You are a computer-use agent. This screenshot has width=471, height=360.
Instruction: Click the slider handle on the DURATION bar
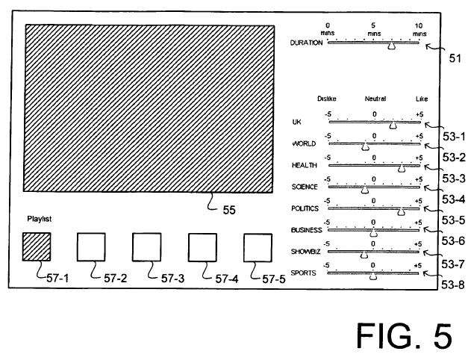tap(391, 46)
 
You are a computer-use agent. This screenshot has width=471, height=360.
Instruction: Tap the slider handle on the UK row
tap(393, 125)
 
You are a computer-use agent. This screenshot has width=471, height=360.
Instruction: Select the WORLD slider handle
tap(365, 146)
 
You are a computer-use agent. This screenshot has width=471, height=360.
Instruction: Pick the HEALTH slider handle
tap(402, 169)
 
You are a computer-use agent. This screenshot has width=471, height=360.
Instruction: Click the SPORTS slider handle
tap(373, 277)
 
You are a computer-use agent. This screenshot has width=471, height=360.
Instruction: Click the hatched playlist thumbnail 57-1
tap(37, 246)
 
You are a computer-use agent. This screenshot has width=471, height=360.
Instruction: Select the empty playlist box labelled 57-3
tap(146, 247)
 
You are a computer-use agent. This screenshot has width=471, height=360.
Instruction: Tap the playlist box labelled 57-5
tap(258, 248)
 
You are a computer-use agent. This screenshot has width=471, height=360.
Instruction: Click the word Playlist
tap(40, 219)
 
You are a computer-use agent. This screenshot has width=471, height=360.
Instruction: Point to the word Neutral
tap(375, 99)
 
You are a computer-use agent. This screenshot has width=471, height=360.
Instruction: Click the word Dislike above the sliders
tap(327, 99)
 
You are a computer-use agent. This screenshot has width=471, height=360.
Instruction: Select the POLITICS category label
tap(305, 208)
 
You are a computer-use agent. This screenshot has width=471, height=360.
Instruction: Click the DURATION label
tap(306, 43)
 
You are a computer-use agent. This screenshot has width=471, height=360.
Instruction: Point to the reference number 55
tap(229, 210)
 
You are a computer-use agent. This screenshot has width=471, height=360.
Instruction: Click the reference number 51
tap(455, 58)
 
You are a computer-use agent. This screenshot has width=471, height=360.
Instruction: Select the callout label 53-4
tap(454, 199)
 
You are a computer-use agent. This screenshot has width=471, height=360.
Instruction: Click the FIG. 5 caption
tap(405, 335)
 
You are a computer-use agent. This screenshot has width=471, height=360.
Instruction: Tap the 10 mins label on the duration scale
tap(419, 29)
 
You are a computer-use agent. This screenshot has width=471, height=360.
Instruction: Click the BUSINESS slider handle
tap(373, 233)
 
